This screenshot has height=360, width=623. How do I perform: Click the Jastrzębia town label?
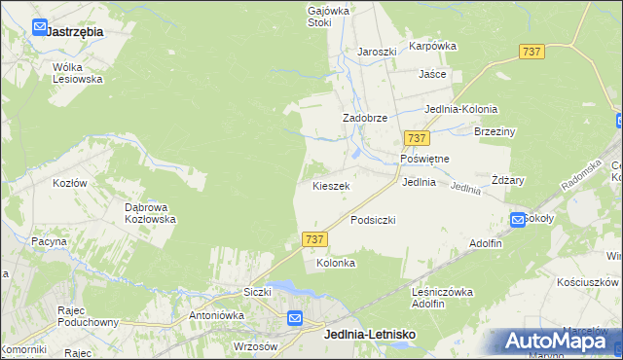pyautogui.click(x=75, y=31)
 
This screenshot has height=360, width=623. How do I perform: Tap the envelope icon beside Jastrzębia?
pyautogui.click(x=39, y=27)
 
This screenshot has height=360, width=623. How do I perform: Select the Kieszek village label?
pyautogui.click(x=331, y=185)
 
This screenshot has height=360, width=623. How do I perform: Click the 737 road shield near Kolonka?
pyautogui.click(x=313, y=238)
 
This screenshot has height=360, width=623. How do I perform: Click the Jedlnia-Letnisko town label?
pyautogui.click(x=369, y=335)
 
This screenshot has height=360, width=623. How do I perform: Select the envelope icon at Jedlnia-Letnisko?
pyautogui.click(x=295, y=318)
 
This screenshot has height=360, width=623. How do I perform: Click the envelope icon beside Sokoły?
pyautogui.click(x=518, y=220)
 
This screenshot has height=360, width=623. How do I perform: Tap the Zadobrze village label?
pyautogui.click(x=365, y=118)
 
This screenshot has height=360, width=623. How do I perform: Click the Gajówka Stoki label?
pyautogui.click(x=327, y=16)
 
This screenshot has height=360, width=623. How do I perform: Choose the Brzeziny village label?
pyautogui.click(x=494, y=131)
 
